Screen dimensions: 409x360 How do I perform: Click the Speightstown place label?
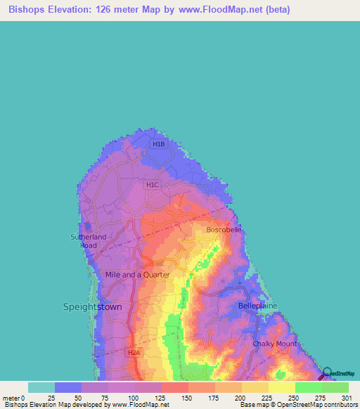point(92,307)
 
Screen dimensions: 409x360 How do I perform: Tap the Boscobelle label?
point(224,230)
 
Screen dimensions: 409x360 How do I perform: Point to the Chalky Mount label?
point(276,344)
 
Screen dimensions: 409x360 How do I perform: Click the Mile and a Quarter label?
point(137,275)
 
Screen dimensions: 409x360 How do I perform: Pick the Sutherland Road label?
point(88,241)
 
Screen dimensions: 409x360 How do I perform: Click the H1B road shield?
point(158,144)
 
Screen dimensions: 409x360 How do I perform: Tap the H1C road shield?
point(153,185)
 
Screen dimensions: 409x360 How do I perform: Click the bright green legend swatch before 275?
point(308,387)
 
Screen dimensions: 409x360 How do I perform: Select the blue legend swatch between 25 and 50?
point(68,387)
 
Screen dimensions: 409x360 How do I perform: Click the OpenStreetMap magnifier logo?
point(328,372)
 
